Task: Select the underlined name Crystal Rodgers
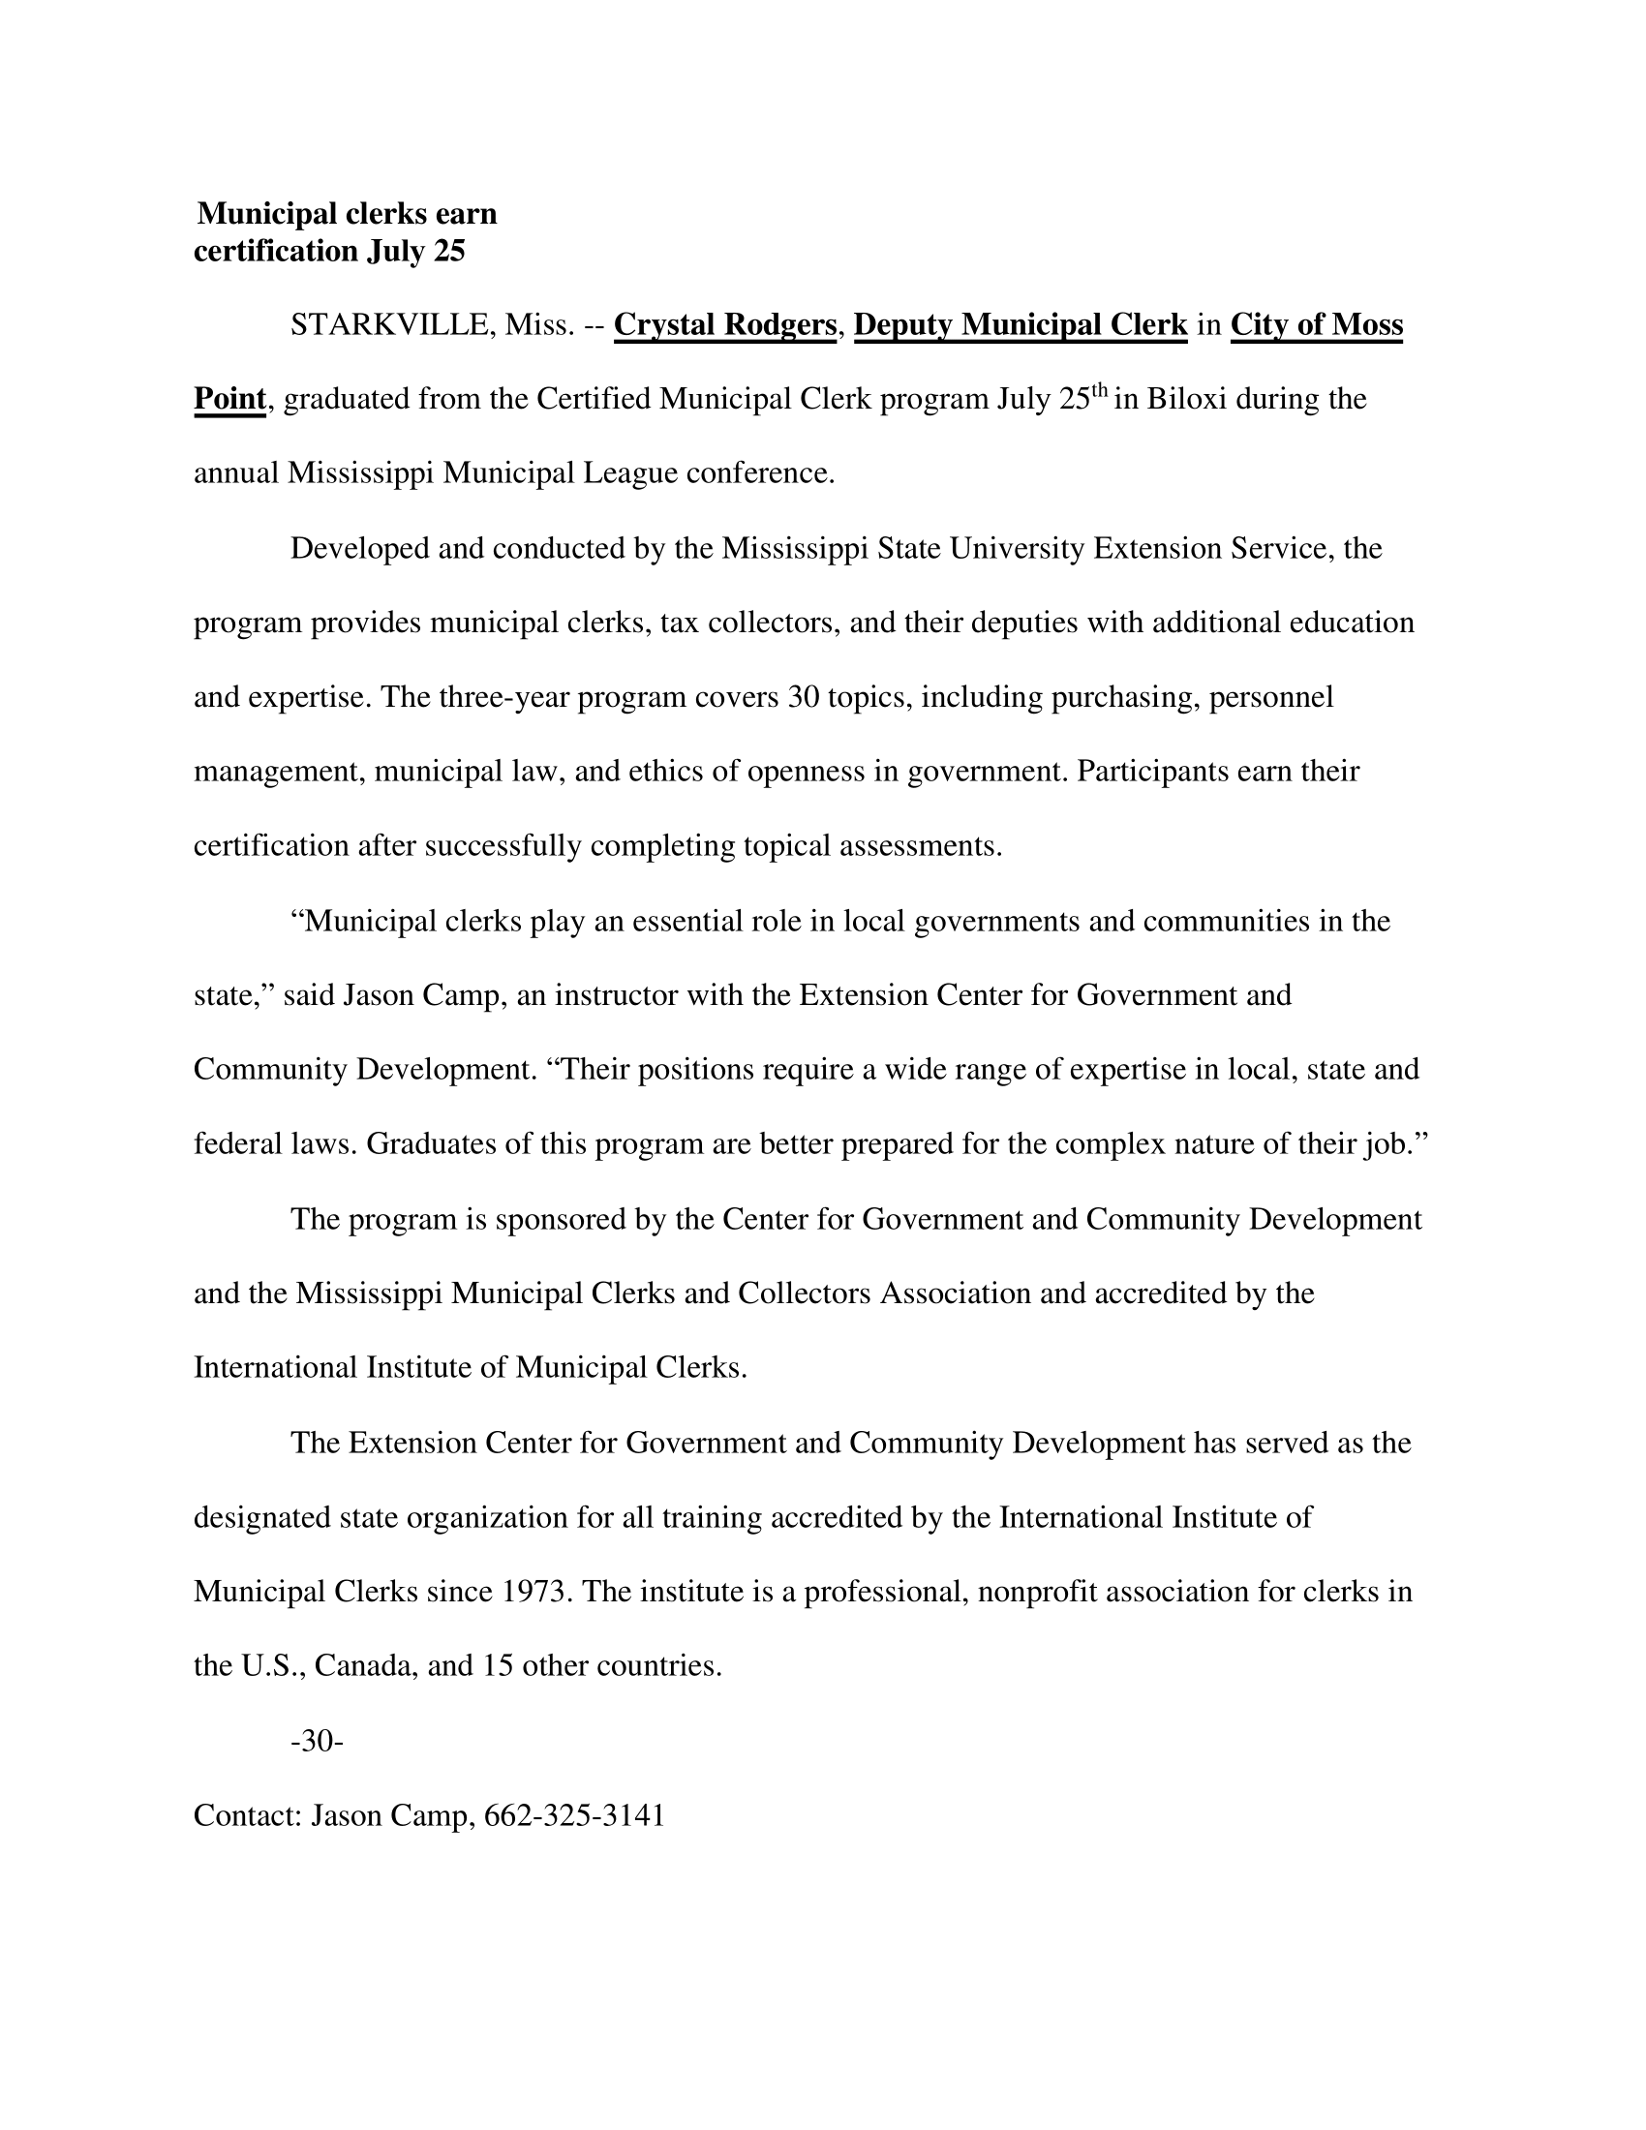(x=724, y=324)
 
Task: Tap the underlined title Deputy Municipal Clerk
(x=1020, y=324)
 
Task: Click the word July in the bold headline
(x=396, y=252)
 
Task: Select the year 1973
(x=534, y=1592)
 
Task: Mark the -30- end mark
(x=317, y=1741)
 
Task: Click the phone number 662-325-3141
(x=574, y=1815)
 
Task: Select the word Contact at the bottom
(x=248, y=1815)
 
